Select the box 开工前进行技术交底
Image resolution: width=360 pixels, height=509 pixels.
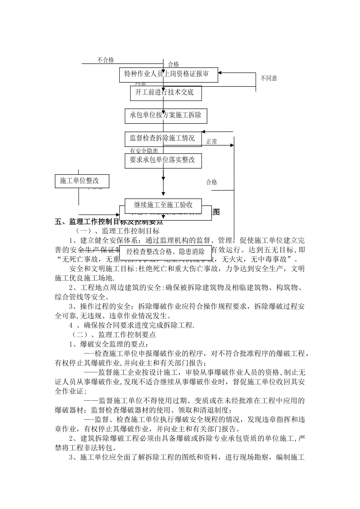pos(164,92)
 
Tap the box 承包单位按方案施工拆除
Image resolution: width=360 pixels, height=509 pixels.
pos(166,116)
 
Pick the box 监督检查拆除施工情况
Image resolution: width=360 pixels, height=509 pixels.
pos(163,139)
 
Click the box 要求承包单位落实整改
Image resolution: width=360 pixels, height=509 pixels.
pos(163,160)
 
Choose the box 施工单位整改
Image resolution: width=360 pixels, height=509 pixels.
pos(82,181)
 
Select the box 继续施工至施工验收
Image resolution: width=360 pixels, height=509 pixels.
pos(163,205)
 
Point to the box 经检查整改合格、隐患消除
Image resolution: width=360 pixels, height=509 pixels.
pos(166,251)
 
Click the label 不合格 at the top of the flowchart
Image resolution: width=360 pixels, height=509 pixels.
pos(105,60)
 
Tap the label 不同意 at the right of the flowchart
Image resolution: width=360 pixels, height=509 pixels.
pos(269,78)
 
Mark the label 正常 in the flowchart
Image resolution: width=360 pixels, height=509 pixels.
pos(212,142)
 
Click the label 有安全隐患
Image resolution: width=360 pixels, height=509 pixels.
pos(144,151)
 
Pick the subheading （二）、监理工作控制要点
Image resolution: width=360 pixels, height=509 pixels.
pos(114,335)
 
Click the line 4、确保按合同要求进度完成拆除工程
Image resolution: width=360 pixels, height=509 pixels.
pos(131,325)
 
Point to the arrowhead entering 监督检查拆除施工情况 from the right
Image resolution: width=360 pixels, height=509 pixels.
pos(203,132)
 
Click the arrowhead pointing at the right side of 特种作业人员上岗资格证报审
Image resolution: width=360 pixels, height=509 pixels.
pos(221,73)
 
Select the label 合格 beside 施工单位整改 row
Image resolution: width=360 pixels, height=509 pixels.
pos(212,182)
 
